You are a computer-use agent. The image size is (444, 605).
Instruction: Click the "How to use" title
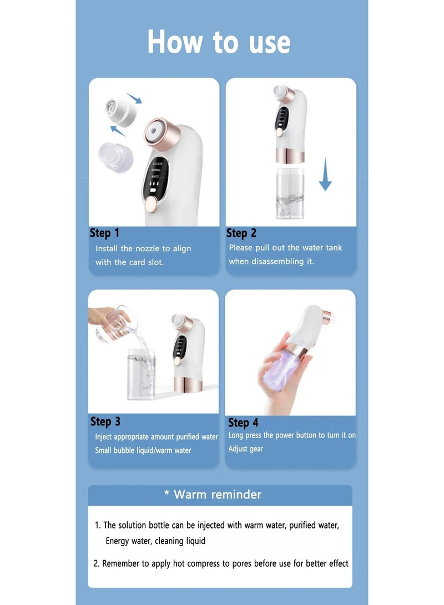219,43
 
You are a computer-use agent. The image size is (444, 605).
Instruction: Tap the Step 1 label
104,233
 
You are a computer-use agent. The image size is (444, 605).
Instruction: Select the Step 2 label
241,233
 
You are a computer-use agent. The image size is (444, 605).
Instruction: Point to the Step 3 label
105,421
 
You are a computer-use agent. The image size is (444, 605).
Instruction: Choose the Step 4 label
243,423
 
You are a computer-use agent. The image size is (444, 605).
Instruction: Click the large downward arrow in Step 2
325,179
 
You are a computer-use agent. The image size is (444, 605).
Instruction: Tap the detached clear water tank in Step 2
291,194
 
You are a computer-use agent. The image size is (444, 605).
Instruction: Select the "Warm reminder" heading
217,494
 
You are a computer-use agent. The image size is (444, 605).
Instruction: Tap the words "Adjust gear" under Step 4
245,449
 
